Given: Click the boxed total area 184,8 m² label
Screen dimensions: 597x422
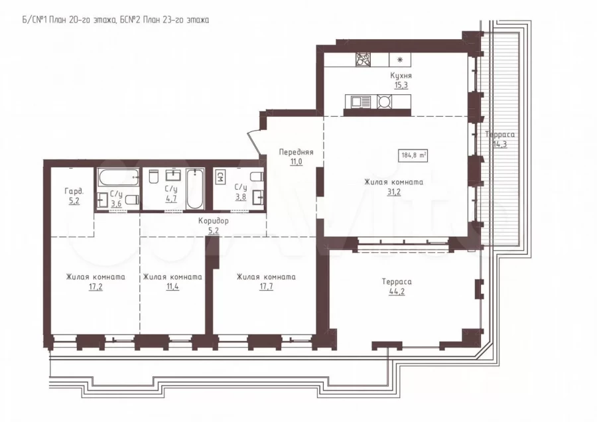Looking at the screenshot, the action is pos(413,155).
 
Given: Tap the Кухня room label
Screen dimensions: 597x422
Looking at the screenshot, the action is pos(401,76).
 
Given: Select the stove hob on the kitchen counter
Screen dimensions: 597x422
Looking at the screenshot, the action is pos(363,60).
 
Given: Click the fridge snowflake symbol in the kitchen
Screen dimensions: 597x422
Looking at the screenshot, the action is pos(400,60).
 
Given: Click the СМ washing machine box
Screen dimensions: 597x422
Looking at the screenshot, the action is pos(220,177).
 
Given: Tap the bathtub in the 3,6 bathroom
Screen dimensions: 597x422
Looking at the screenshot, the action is pos(118,177).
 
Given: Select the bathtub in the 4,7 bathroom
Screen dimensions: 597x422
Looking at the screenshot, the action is pos(195,189).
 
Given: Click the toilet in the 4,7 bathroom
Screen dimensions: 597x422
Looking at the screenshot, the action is pos(154,176).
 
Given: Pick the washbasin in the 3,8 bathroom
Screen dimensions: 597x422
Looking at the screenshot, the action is pos(259,197).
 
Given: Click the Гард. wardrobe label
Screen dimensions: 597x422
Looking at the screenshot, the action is pos(74,191).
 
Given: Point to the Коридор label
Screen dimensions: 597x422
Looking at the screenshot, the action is pos(213,221).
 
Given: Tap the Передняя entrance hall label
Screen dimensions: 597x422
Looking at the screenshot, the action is pos(297,152).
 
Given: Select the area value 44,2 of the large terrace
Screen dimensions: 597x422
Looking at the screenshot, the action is pos(397,292).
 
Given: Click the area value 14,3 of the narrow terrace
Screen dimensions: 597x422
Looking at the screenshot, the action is pos(499,144).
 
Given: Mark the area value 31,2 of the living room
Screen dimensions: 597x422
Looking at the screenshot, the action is pos(393,192).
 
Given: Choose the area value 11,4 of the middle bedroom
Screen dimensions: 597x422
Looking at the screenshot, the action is pos(172,287).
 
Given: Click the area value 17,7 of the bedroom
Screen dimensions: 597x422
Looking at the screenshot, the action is pos(266,287).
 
